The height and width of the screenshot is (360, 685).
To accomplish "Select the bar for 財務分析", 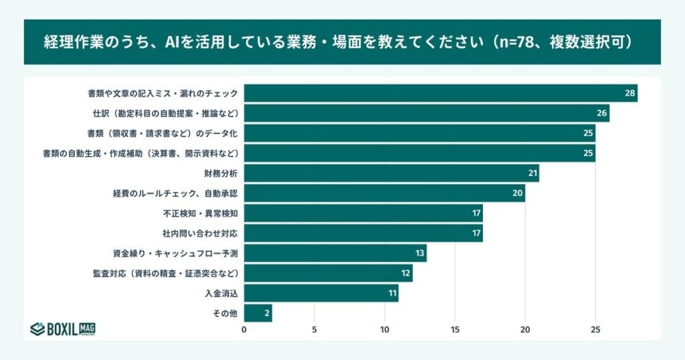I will pos(391,173).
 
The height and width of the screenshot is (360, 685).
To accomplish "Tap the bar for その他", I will pos(258,312).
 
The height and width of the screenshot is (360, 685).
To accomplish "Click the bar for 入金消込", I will pos(321,293).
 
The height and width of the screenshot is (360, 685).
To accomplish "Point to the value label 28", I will pos(629,93).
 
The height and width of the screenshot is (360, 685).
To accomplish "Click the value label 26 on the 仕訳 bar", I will pos(601,113).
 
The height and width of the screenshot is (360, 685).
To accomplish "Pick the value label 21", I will pos(532,173).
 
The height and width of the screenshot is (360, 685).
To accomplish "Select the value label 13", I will pos(419,253).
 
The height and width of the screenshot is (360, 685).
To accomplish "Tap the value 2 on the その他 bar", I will pos(266,312).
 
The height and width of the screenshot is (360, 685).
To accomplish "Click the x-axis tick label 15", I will pos(455,329).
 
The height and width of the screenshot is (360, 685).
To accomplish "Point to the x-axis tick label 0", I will pos(244,329).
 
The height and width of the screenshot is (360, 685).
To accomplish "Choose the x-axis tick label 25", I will pos(595,329).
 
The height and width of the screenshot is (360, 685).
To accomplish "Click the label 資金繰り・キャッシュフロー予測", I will pos(175,254).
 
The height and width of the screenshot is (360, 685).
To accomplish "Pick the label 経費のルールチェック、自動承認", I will pos(175,193).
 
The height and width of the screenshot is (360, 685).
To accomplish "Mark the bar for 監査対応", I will pos(328,273).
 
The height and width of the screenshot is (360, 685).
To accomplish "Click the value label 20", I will pos(518,193).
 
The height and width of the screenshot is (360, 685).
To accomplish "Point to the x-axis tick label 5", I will pos(314,329).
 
